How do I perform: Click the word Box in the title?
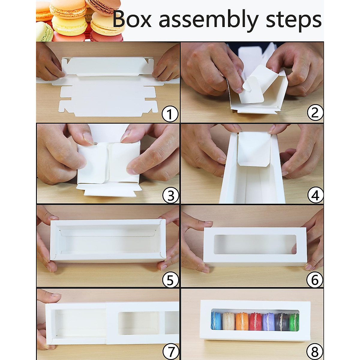132,20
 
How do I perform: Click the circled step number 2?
315,113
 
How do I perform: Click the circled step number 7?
170,351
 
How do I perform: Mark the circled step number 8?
315,351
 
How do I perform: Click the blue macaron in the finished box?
216,321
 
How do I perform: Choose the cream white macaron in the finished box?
229,321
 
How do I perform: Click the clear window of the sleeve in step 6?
255,244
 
